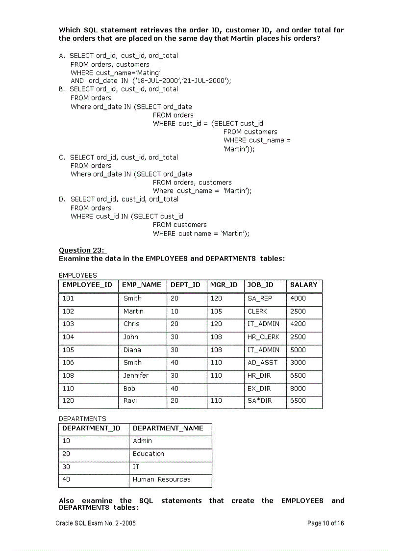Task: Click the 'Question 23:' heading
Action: coord(82,250)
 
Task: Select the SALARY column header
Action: coord(303,285)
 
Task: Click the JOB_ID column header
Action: coord(260,285)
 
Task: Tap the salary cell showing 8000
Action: coord(298,388)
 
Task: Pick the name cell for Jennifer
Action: coord(136,375)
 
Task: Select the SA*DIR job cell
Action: coord(260,400)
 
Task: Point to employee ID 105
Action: coord(68,350)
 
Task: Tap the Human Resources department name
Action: coord(161,479)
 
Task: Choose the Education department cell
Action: coord(148,454)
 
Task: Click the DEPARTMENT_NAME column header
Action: coord(168,428)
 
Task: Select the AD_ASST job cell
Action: coord(262,363)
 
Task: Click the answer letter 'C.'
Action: coord(62,157)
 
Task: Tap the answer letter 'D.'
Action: coord(62,199)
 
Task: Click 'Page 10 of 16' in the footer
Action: coord(325,523)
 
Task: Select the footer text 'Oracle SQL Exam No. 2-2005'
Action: coord(96,523)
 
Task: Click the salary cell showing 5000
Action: coord(298,350)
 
